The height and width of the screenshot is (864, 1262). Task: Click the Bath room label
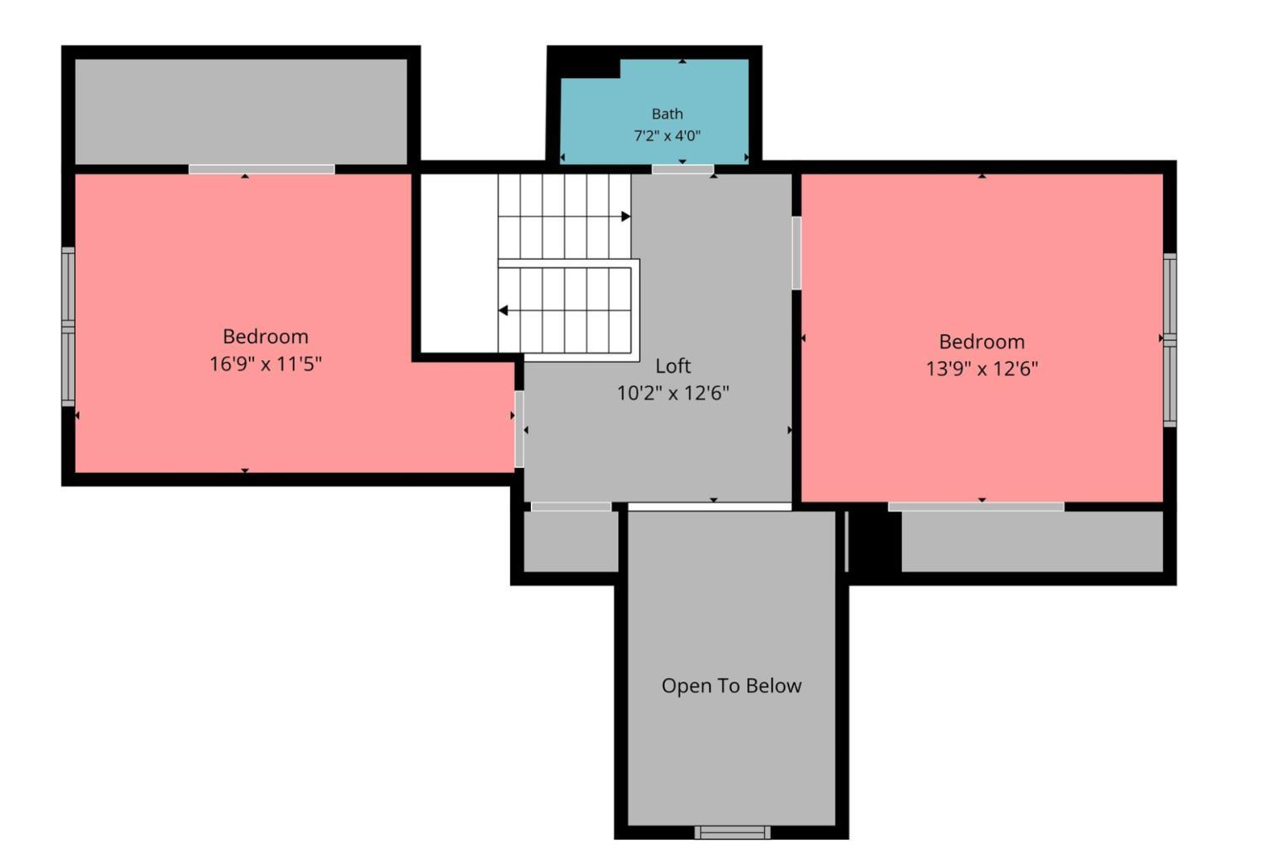[667, 114]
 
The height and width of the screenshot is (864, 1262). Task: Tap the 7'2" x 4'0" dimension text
[667, 135]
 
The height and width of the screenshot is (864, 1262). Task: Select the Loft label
[673, 366]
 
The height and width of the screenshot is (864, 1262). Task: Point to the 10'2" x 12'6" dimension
[673, 393]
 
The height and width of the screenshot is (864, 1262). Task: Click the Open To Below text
[731, 686]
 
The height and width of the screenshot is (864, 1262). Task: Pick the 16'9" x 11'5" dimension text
[265, 363]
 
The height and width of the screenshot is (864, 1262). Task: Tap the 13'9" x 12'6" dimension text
[982, 369]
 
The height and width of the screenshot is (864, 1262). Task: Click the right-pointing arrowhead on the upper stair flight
[626, 216]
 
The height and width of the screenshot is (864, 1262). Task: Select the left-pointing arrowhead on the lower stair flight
[503, 310]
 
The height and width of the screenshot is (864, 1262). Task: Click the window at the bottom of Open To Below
[733, 833]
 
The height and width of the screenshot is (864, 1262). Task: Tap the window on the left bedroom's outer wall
[68, 326]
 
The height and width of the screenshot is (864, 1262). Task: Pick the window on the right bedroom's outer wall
[1169, 340]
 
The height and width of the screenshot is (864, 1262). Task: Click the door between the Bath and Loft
[683, 169]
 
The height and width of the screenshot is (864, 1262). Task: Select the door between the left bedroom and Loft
[519, 429]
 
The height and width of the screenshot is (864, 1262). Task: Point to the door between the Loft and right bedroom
[797, 253]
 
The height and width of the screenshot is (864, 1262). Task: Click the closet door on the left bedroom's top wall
[262, 169]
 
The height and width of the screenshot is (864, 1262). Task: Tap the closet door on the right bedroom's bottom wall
[976, 507]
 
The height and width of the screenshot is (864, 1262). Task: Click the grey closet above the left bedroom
[241, 112]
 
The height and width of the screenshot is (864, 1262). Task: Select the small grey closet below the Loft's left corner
[570, 541]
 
